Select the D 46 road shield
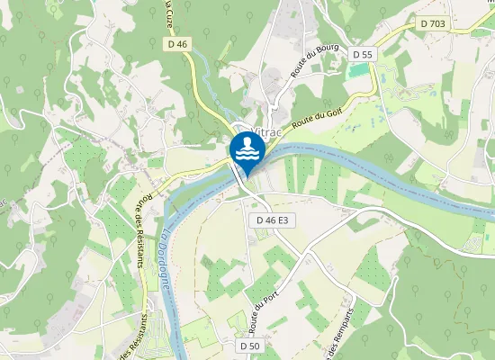[x=176, y=43]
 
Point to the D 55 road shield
[x=362, y=55]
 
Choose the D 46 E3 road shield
[x=271, y=220]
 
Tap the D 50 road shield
[x=250, y=346]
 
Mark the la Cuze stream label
[x=170, y=13]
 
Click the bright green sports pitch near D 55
[x=360, y=71]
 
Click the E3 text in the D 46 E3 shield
[x=283, y=220]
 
